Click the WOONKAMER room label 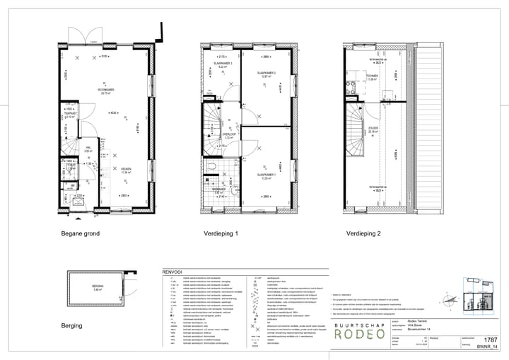point(107,90)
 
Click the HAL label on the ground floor point(88,147)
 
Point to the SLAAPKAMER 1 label point(265,174)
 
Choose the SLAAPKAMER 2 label point(266,73)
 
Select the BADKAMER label point(218,189)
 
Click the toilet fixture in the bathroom point(212,167)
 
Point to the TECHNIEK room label point(373,76)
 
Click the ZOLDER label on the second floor point(373,128)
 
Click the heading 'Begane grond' point(80,233)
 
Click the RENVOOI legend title point(172,271)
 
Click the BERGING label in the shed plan point(98,286)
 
